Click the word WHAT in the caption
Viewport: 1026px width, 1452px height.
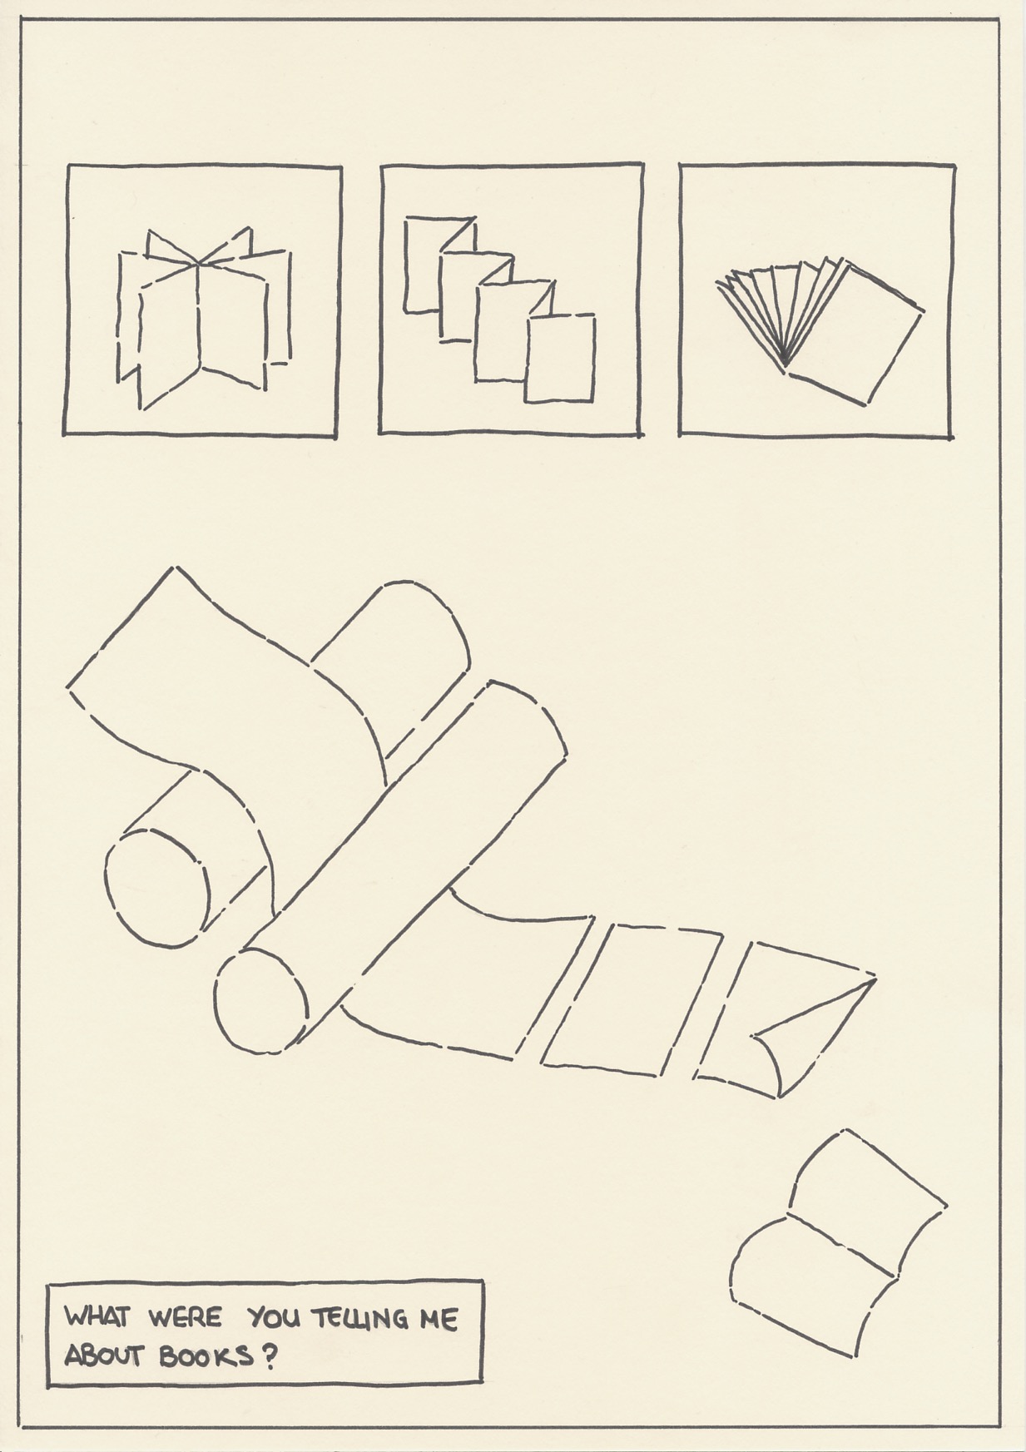97,1317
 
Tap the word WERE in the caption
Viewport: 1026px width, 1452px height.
186,1318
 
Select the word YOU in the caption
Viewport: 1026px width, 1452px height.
275,1318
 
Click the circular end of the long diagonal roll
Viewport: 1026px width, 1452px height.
260,1001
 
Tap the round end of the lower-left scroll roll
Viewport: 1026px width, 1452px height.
156,888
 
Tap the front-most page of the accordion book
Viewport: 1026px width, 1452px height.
560,358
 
